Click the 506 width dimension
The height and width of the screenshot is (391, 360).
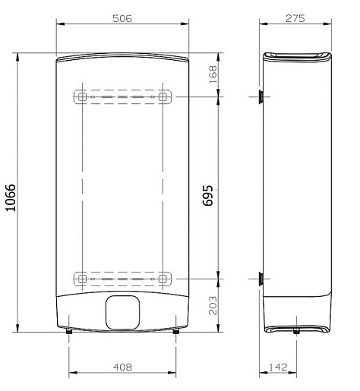[x=122, y=18]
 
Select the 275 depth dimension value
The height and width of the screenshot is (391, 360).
[x=295, y=18]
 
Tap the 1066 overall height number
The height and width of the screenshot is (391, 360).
[x=11, y=197]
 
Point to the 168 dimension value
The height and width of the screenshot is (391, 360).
[x=213, y=74]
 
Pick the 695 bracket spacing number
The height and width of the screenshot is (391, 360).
[x=208, y=196]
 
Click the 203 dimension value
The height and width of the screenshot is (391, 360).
[x=213, y=305]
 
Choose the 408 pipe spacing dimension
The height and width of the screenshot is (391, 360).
[x=122, y=367]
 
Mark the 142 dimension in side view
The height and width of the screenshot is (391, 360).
[x=278, y=367]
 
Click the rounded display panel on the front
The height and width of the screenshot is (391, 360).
[x=122, y=312]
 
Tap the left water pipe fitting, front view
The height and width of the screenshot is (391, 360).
[x=69, y=331]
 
